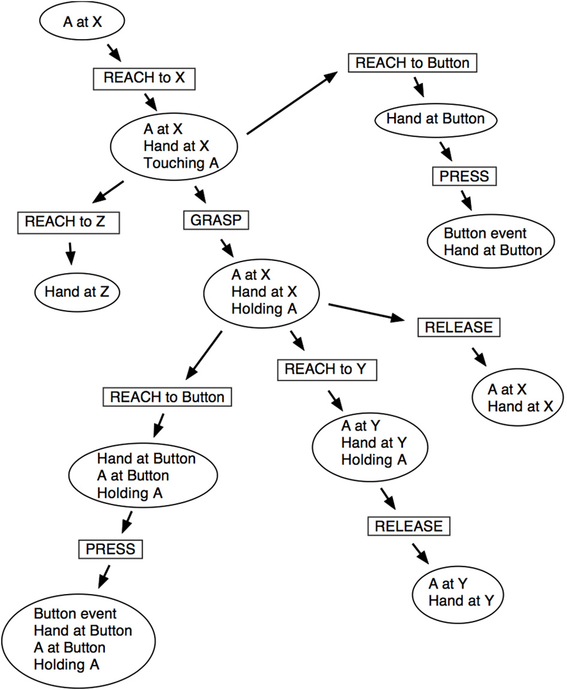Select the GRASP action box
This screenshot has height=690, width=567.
(215, 220)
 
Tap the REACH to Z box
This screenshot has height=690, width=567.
(65, 221)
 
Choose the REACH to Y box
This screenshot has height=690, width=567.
(326, 370)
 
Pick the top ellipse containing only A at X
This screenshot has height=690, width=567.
(82, 23)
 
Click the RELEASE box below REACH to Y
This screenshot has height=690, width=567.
(408, 526)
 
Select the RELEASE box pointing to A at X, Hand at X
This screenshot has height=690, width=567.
(459, 327)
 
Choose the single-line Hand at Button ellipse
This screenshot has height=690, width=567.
(435, 119)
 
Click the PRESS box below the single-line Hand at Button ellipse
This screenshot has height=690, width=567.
(464, 176)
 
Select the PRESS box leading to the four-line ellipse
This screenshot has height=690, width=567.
(110, 548)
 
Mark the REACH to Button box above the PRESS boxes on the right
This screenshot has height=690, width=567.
(412, 63)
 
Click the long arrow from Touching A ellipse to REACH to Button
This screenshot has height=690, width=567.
(291, 103)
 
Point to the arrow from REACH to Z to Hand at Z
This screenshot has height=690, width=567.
(70, 253)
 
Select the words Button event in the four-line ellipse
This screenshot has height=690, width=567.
(76, 614)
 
